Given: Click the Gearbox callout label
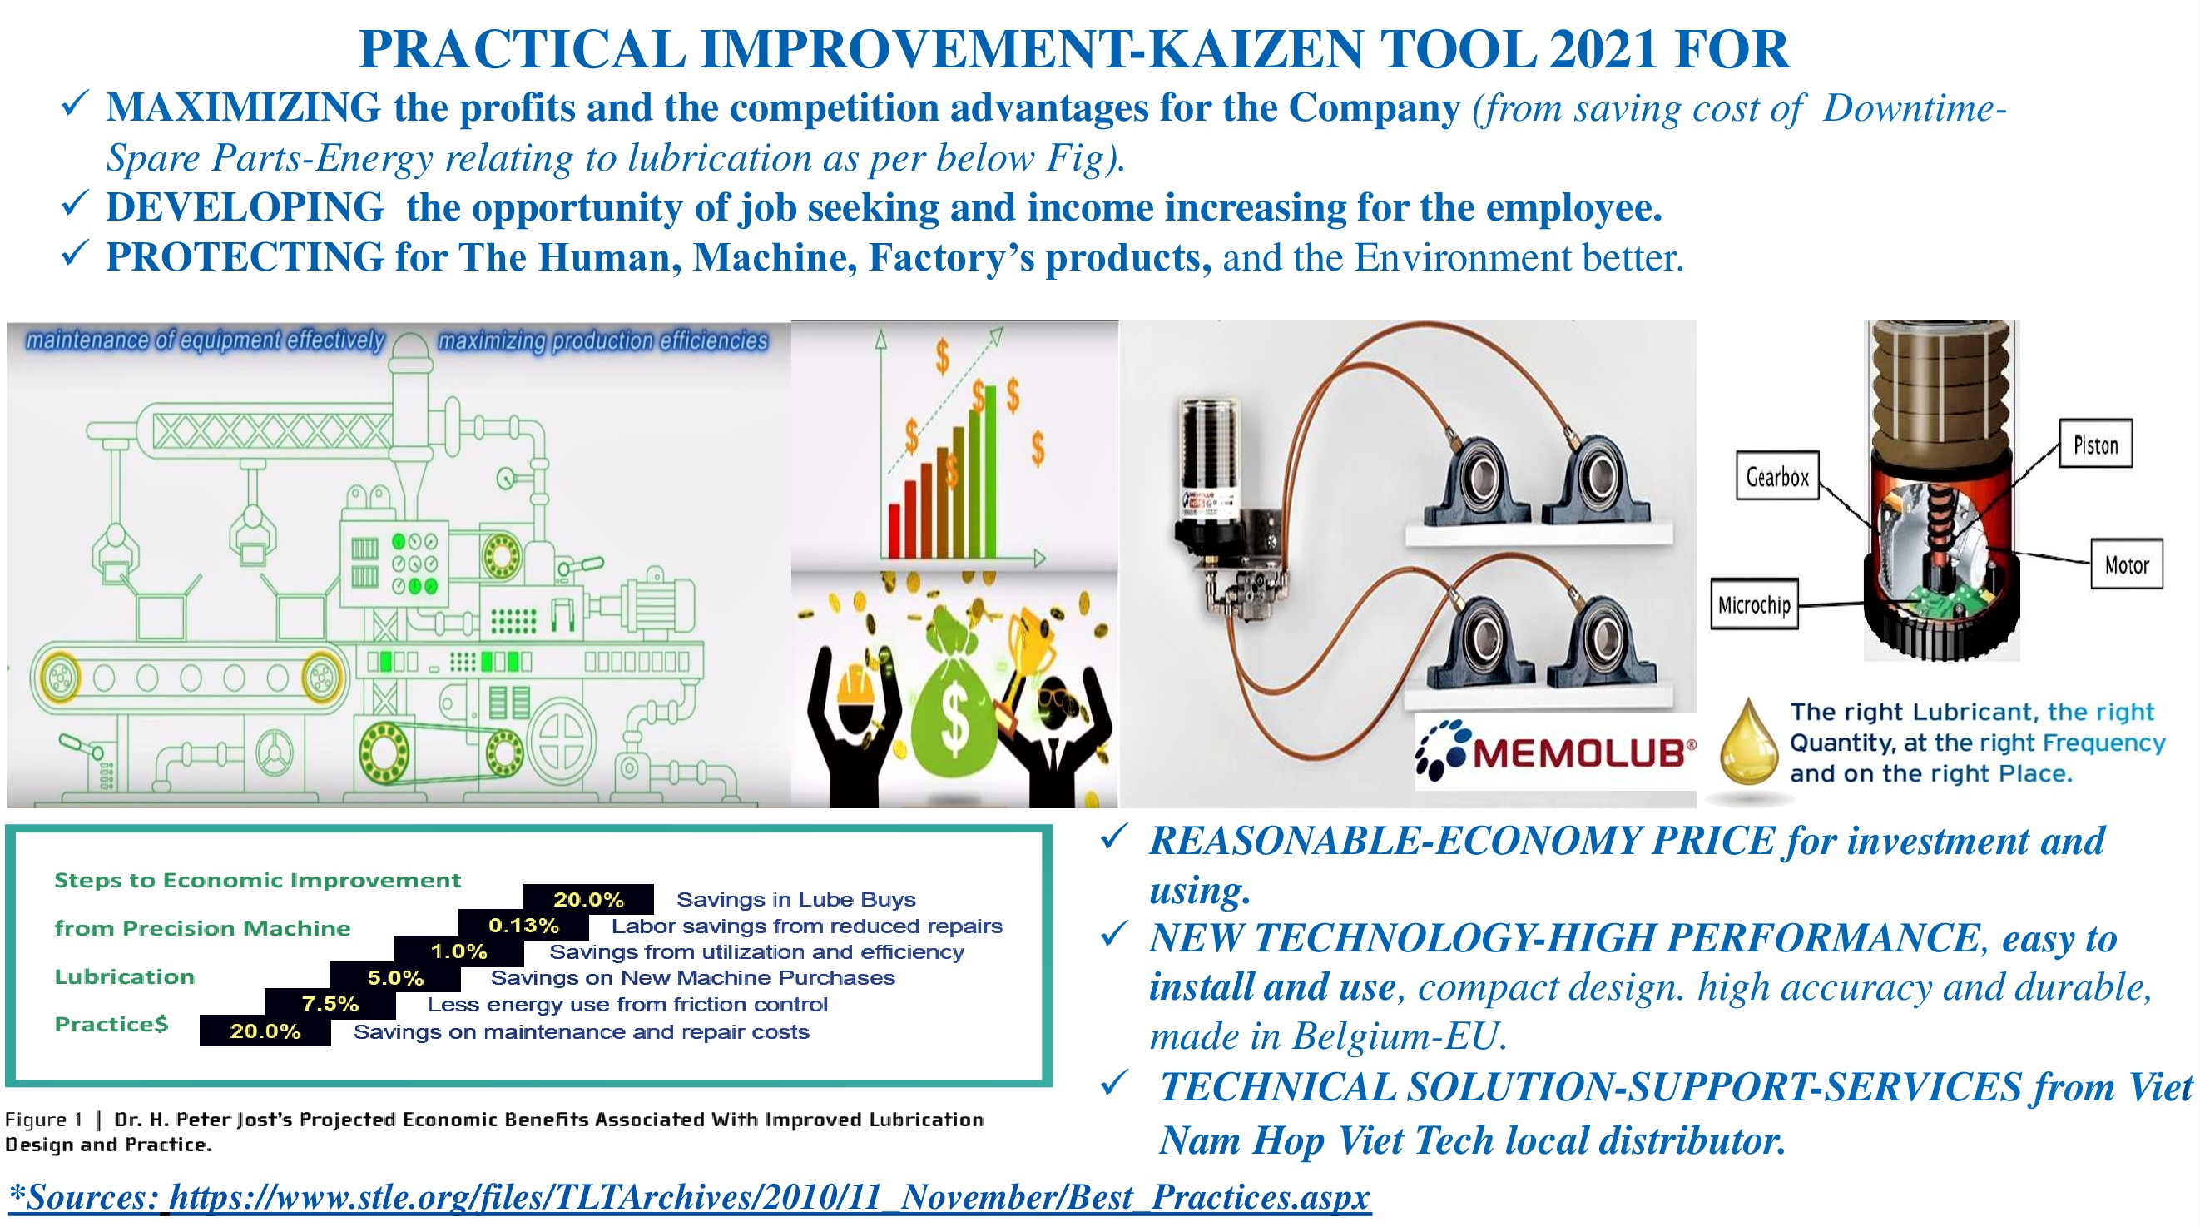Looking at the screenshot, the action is (1777, 476).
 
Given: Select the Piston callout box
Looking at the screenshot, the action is (2095, 444).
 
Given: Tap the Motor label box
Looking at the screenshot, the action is (2127, 564).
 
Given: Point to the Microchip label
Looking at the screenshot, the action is (1754, 604).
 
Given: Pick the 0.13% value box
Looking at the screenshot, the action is (523, 926).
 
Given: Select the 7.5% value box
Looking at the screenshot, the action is (330, 1004).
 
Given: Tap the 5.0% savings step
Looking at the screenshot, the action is (395, 977).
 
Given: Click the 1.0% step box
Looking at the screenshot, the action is (458, 951).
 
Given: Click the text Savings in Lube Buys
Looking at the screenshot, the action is (796, 899).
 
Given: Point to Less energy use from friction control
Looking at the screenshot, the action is (627, 1004).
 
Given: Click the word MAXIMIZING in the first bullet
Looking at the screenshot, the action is (244, 107).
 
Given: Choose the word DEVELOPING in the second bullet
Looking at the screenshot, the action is (245, 207).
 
